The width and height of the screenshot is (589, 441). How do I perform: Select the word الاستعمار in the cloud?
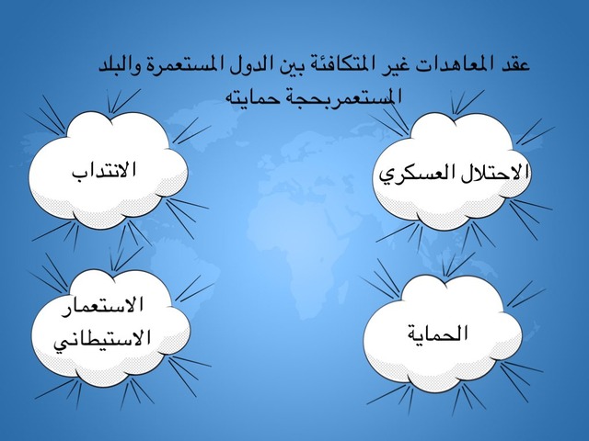pyautogui.click(x=102, y=306)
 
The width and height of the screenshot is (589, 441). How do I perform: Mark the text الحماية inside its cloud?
pyautogui.click(x=438, y=333)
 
